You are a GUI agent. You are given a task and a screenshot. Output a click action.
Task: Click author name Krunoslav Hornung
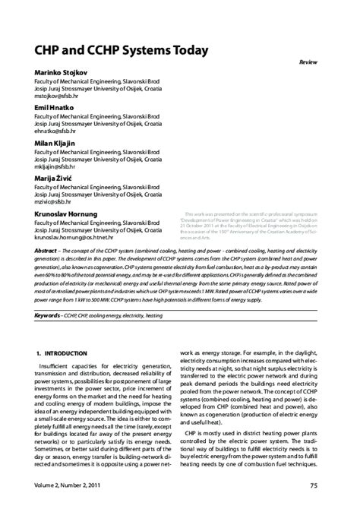pyautogui.click(x=66, y=214)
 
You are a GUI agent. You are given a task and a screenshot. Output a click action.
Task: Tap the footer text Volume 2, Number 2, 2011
pyautogui.click(x=68, y=485)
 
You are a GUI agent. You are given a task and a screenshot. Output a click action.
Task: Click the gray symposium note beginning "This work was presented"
pyautogui.click(x=251, y=226)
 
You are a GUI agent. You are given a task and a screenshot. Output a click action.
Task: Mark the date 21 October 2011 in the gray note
pyautogui.click(x=199, y=226)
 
